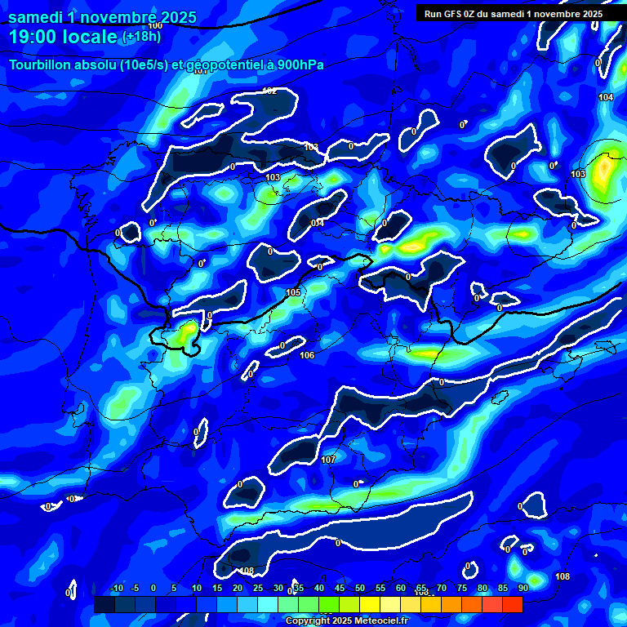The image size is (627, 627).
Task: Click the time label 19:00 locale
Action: coord(63,35)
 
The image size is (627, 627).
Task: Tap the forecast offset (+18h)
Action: coord(142,37)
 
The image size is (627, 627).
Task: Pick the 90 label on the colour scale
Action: coord(522,588)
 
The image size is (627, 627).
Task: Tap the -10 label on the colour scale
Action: coord(116,588)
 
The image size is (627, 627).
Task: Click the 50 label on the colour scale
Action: coord(359,588)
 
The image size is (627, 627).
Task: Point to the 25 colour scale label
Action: coord(258,588)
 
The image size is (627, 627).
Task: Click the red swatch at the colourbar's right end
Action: coord(513,604)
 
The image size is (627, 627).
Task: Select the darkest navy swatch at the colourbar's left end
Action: coord(104,604)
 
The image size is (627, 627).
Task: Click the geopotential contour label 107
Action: coord(328,460)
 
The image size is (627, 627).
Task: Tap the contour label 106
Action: coord(307,355)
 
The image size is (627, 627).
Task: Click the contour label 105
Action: coord(293,292)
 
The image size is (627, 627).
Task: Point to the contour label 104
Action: coord(606,97)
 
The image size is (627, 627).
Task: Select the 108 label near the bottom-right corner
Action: coord(563,576)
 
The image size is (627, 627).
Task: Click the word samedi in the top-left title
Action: coord(38,16)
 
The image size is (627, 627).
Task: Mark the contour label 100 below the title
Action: coord(155,26)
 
